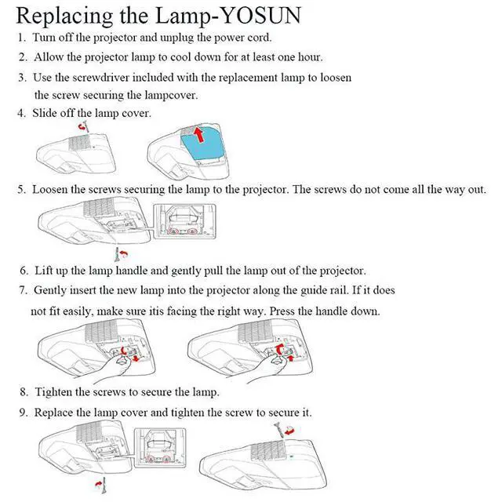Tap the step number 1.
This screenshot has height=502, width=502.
(21, 38)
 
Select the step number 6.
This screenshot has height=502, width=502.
(22, 271)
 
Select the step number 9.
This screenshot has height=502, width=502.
(22, 412)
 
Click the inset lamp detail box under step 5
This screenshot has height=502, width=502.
(185, 222)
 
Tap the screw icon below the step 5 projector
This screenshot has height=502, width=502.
(120, 254)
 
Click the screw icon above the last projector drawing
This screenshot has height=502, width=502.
(283, 428)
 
